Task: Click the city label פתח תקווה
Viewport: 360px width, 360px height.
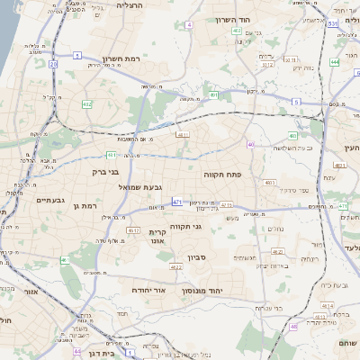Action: point(219,174)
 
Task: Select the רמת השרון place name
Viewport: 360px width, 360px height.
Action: point(120,57)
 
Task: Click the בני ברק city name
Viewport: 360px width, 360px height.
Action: point(105,170)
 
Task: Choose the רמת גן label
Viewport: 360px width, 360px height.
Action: point(84,206)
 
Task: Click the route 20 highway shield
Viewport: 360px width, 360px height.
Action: point(53,64)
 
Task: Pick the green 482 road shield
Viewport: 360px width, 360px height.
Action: point(87,104)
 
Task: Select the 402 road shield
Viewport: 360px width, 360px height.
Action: point(236,31)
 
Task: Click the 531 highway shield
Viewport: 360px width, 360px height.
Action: point(332,23)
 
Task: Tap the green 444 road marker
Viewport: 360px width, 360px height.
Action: point(334,62)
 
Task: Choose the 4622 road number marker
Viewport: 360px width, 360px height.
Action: point(176,266)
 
